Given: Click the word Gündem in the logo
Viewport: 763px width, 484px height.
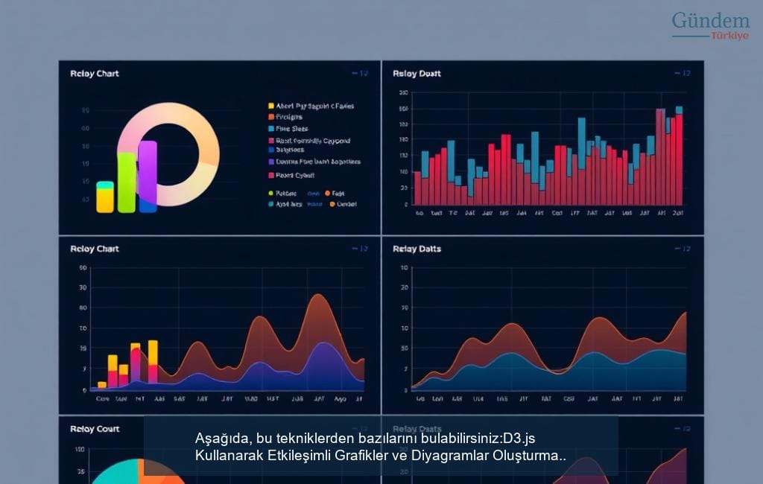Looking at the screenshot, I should pyautogui.click(x=710, y=21).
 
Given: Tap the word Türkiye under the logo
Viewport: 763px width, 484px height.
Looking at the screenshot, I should pyautogui.click(x=729, y=36).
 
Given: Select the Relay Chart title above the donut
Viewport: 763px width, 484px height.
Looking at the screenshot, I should pyautogui.click(x=95, y=74).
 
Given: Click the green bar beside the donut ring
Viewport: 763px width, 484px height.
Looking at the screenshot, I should pyautogui.click(x=127, y=182).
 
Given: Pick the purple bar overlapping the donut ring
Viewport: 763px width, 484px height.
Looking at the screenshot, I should pyautogui.click(x=148, y=175).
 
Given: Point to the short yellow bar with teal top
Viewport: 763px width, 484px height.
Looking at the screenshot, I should pyautogui.click(x=105, y=197).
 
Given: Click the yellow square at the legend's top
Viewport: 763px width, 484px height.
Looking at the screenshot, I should pyautogui.click(x=271, y=106).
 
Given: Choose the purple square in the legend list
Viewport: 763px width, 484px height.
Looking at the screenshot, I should pyautogui.click(x=271, y=162).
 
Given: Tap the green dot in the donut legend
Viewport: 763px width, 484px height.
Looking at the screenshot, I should pyautogui.click(x=271, y=193).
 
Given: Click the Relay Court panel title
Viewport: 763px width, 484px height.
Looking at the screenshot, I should pyautogui.click(x=95, y=429).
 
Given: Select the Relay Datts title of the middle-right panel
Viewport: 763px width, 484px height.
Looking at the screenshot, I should pyautogui.click(x=417, y=249).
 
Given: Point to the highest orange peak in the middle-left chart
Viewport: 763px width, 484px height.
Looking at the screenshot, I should pyautogui.click(x=318, y=296).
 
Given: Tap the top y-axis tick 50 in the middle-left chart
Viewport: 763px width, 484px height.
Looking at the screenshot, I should pyautogui.click(x=82, y=268).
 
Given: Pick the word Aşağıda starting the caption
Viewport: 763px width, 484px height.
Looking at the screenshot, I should pyautogui.click(x=221, y=437).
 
